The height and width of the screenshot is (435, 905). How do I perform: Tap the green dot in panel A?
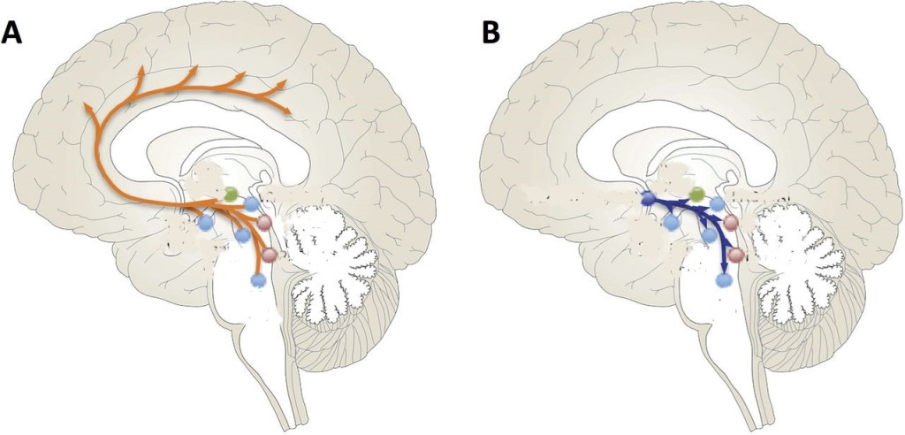(231, 195)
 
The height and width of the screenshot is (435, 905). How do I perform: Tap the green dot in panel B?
(696, 194)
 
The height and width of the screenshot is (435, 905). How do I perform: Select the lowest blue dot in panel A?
(258, 280)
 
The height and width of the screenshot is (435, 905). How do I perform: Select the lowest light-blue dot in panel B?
(725, 280)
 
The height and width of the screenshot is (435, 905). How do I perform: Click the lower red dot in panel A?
(270, 255)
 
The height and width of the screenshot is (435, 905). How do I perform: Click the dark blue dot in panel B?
(647, 199)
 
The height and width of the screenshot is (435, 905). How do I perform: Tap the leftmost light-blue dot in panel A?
(206, 225)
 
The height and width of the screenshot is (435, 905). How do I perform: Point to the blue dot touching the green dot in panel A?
(251, 204)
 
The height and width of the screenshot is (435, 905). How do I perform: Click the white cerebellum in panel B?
(794, 256)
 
